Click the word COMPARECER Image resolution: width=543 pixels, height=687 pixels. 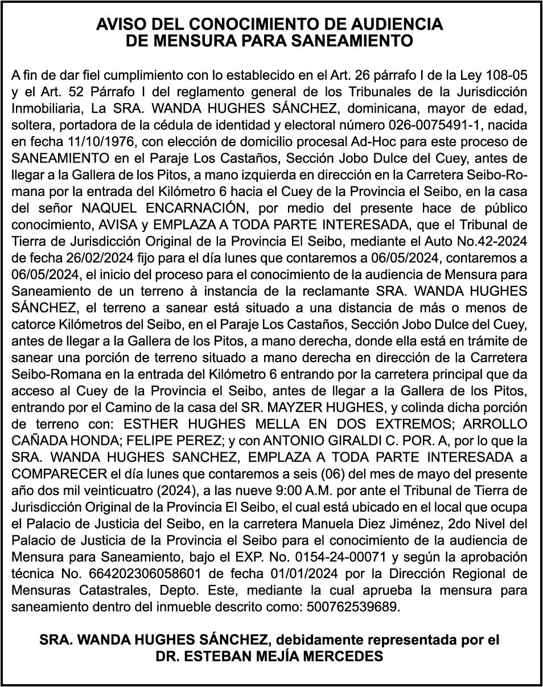tap(59, 474)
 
